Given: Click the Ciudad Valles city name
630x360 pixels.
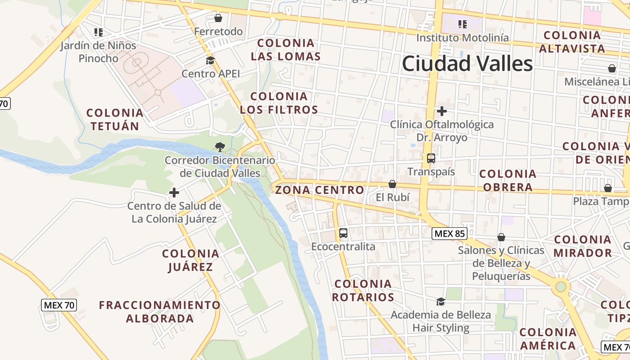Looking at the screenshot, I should pos(467,63).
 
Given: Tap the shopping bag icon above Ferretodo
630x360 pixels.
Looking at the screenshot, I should pos(218,18).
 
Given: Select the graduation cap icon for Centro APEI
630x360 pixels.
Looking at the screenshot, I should pos(210,60).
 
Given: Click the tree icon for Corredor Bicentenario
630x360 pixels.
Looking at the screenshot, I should pos(220,146).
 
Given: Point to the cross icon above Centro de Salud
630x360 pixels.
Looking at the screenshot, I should pos(174,193).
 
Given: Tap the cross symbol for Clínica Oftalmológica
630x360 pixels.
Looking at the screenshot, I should pos(442,111).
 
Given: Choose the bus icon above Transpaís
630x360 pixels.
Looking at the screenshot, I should pos(431,158).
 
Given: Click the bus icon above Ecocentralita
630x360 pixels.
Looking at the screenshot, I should pos(343,233).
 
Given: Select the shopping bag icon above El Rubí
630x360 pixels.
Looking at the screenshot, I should pos(392,184).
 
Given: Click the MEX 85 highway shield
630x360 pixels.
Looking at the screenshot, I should pos(449,234).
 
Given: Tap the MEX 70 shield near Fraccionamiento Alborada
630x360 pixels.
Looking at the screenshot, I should pos(59,305).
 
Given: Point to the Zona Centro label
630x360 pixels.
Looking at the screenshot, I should pos(319,190).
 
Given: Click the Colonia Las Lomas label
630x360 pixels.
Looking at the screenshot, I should pos(286,49).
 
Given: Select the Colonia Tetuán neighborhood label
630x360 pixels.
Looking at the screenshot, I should pos(115,119).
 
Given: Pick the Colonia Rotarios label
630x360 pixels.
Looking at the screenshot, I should pos(363,290).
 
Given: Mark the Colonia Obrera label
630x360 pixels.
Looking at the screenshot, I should pos(508,180).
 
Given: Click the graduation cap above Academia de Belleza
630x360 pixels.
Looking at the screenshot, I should pos(441,301).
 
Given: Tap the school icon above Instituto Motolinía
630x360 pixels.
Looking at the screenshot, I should pos(462,24).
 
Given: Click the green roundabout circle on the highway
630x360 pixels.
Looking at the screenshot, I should pos(561,286).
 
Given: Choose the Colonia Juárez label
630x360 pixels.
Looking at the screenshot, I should pos(190,260).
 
